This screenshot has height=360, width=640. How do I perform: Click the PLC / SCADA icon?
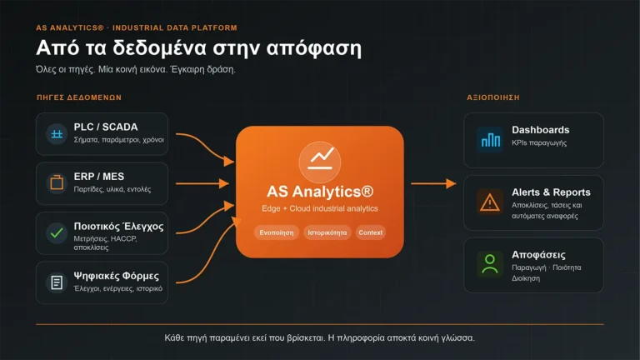click(x=57, y=134)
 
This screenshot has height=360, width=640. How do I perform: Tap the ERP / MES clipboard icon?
click(x=57, y=182)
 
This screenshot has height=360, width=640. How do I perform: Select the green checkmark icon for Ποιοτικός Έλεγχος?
click(x=57, y=233)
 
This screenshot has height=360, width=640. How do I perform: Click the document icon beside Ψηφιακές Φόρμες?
click(x=57, y=282)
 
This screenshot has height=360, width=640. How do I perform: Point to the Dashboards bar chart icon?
click(x=490, y=140)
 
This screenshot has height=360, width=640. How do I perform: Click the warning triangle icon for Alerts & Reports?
click(x=490, y=202)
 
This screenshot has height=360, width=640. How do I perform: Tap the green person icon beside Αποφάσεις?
click(x=490, y=264)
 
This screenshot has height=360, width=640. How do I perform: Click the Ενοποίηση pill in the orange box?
click(x=277, y=232)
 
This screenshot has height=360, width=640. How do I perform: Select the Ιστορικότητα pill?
click(x=327, y=232)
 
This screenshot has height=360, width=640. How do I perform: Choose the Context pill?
click(x=371, y=232)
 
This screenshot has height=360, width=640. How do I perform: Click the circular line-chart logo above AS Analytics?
click(x=320, y=162)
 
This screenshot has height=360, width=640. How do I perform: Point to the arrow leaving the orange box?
click(x=433, y=183)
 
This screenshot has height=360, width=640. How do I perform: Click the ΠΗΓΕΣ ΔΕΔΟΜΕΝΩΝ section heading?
click(x=79, y=97)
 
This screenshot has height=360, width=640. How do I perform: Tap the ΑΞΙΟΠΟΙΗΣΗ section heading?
click(x=493, y=97)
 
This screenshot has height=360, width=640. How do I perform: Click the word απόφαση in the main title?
click(x=314, y=48)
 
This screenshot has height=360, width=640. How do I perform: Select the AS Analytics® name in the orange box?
click(x=320, y=192)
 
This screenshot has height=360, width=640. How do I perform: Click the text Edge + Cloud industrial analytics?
click(x=320, y=208)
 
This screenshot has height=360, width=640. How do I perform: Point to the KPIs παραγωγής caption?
click(x=539, y=142)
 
